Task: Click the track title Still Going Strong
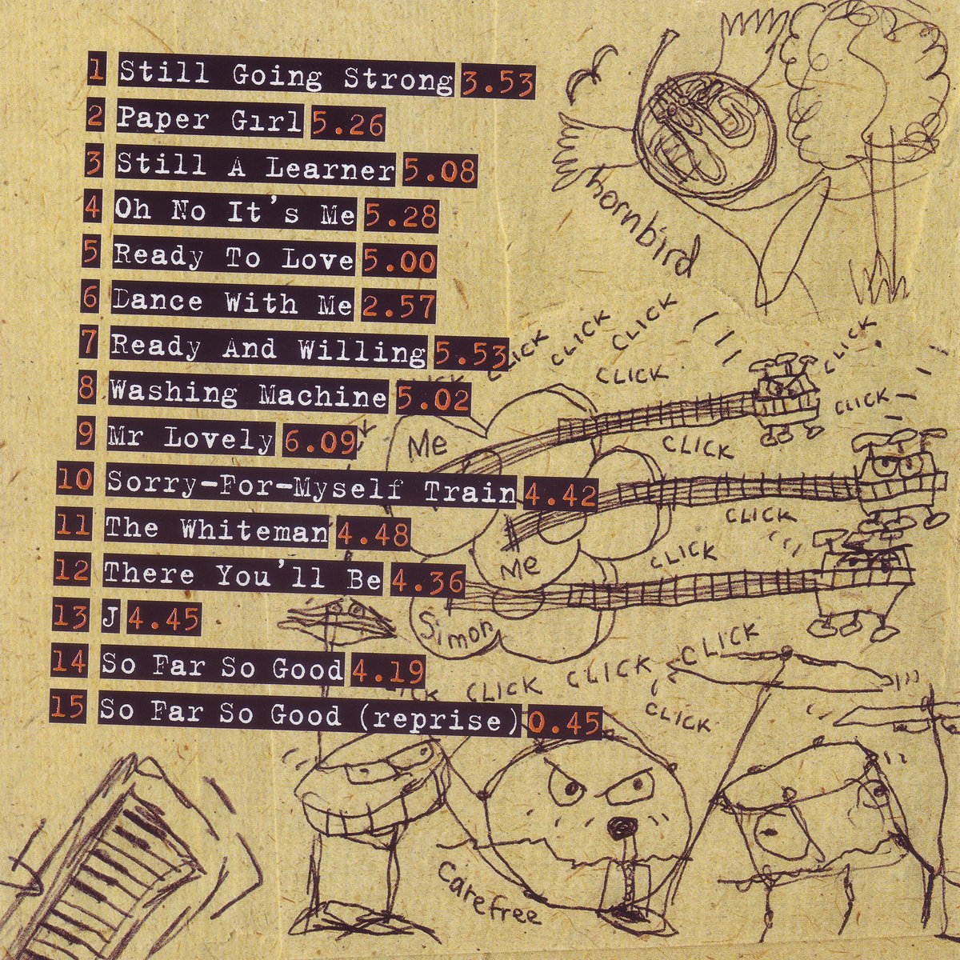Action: pos(286,78)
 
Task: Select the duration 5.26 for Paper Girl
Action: pos(348,123)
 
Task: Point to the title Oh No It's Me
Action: pos(235,212)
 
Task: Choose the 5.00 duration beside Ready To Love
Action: pos(399,261)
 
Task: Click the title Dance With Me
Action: pos(233,302)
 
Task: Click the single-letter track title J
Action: pos(110,618)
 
